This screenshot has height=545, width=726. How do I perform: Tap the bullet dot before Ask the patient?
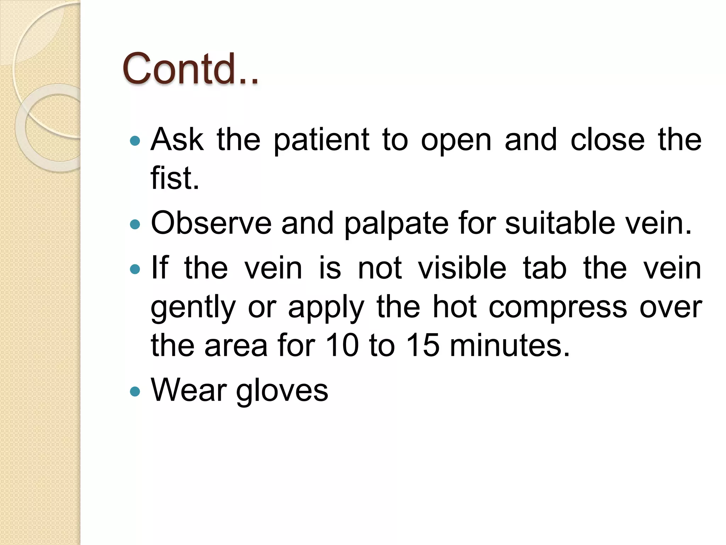(x=135, y=141)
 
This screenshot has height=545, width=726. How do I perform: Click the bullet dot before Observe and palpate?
(x=135, y=224)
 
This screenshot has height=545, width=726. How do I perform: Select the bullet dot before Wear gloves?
(x=135, y=391)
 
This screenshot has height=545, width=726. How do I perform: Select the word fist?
(x=174, y=178)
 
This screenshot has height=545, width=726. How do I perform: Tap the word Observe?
(x=211, y=223)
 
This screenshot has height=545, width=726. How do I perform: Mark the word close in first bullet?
(x=607, y=140)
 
